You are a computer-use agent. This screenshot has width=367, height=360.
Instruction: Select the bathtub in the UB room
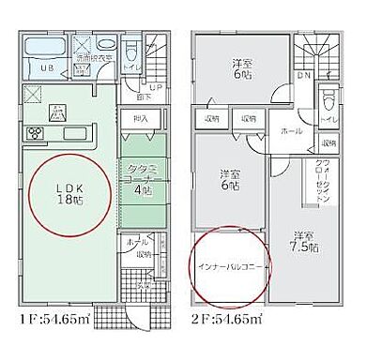tap(43, 50)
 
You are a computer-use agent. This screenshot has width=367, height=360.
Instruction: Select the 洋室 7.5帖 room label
tap(302, 240)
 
